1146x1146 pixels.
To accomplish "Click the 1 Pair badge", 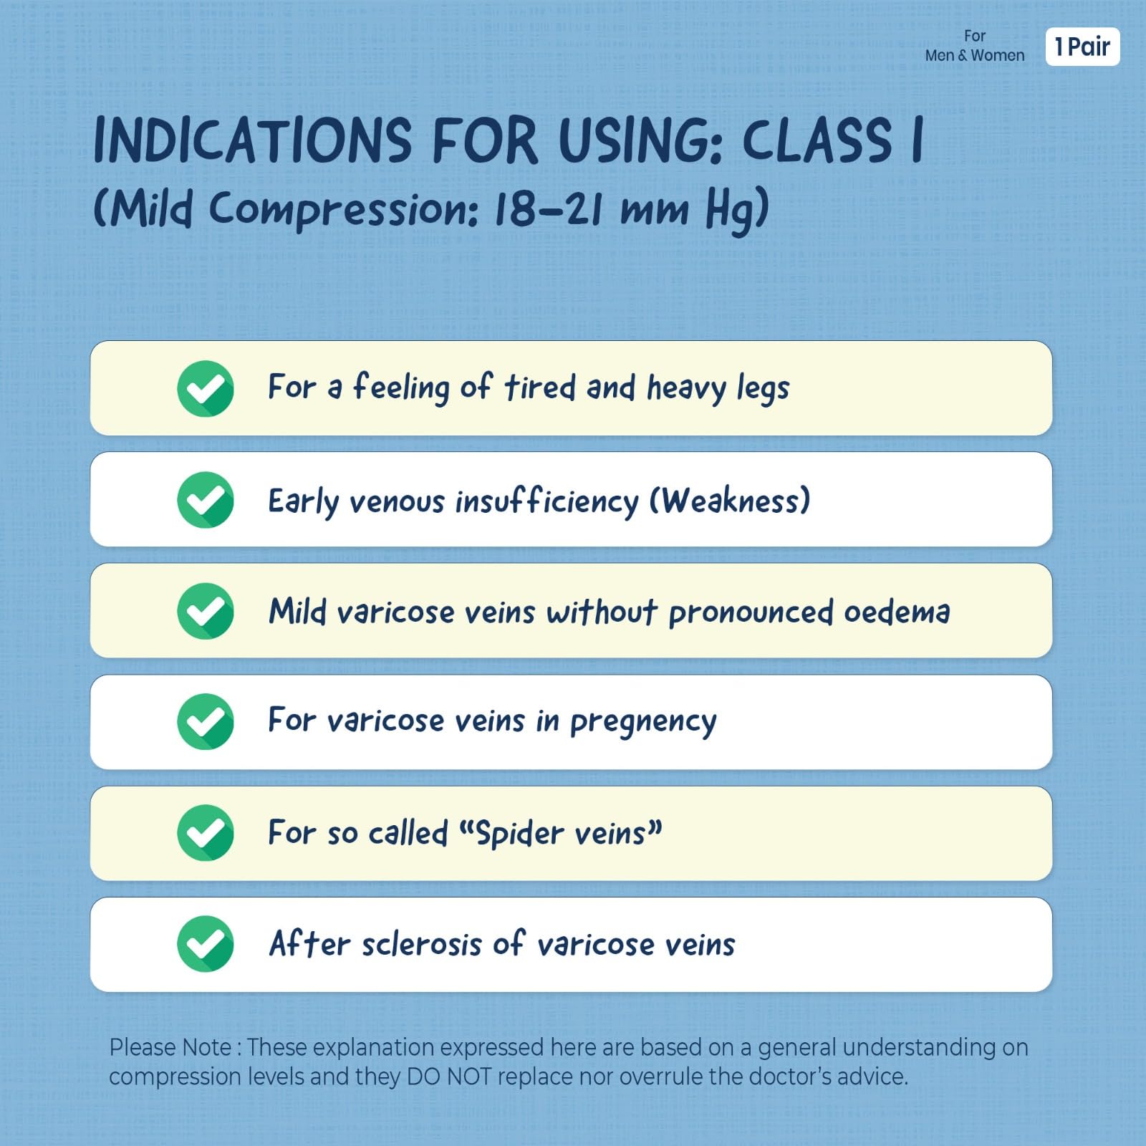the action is pyautogui.click(x=1082, y=47).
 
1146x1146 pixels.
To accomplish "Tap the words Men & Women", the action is pyautogui.click(x=974, y=55).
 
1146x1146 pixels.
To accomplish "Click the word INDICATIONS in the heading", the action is pyautogui.click(x=253, y=140).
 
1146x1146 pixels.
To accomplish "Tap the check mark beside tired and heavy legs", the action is pyautogui.click(x=206, y=388).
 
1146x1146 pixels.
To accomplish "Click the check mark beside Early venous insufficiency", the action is pyautogui.click(x=206, y=499).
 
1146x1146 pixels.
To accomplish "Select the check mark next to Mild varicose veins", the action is pyautogui.click(x=206, y=610).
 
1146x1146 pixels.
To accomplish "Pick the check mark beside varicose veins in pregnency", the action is pyautogui.click(x=206, y=721).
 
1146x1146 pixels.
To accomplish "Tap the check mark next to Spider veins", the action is pyautogui.click(x=206, y=832).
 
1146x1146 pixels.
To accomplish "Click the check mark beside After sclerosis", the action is pyautogui.click(x=206, y=943).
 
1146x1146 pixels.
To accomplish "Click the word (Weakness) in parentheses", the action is pyautogui.click(x=730, y=500).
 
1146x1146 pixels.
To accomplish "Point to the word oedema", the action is pyautogui.click(x=897, y=612).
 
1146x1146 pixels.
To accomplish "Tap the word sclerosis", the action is pyautogui.click(x=422, y=944).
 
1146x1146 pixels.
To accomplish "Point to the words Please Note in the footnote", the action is pyautogui.click(x=170, y=1047).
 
